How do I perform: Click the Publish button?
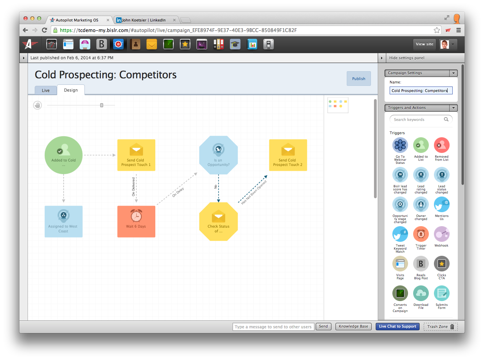click(359, 79)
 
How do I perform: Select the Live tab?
click(46, 90)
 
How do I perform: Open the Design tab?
click(71, 90)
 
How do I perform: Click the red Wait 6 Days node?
click(136, 221)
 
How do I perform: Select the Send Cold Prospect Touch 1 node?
click(136, 155)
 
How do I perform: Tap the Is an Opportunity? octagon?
click(218, 155)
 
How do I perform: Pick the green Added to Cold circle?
click(63, 155)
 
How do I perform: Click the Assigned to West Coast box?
click(63, 221)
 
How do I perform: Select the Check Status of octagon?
click(218, 222)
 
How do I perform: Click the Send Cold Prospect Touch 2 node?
click(288, 155)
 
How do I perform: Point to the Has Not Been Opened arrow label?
click(254, 192)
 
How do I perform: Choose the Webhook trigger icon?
click(441, 234)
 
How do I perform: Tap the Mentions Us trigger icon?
click(441, 204)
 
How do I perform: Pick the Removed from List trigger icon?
click(441, 145)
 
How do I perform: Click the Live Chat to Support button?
click(397, 326)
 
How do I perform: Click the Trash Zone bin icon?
click(452, 327)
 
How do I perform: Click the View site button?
click(424, 44)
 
